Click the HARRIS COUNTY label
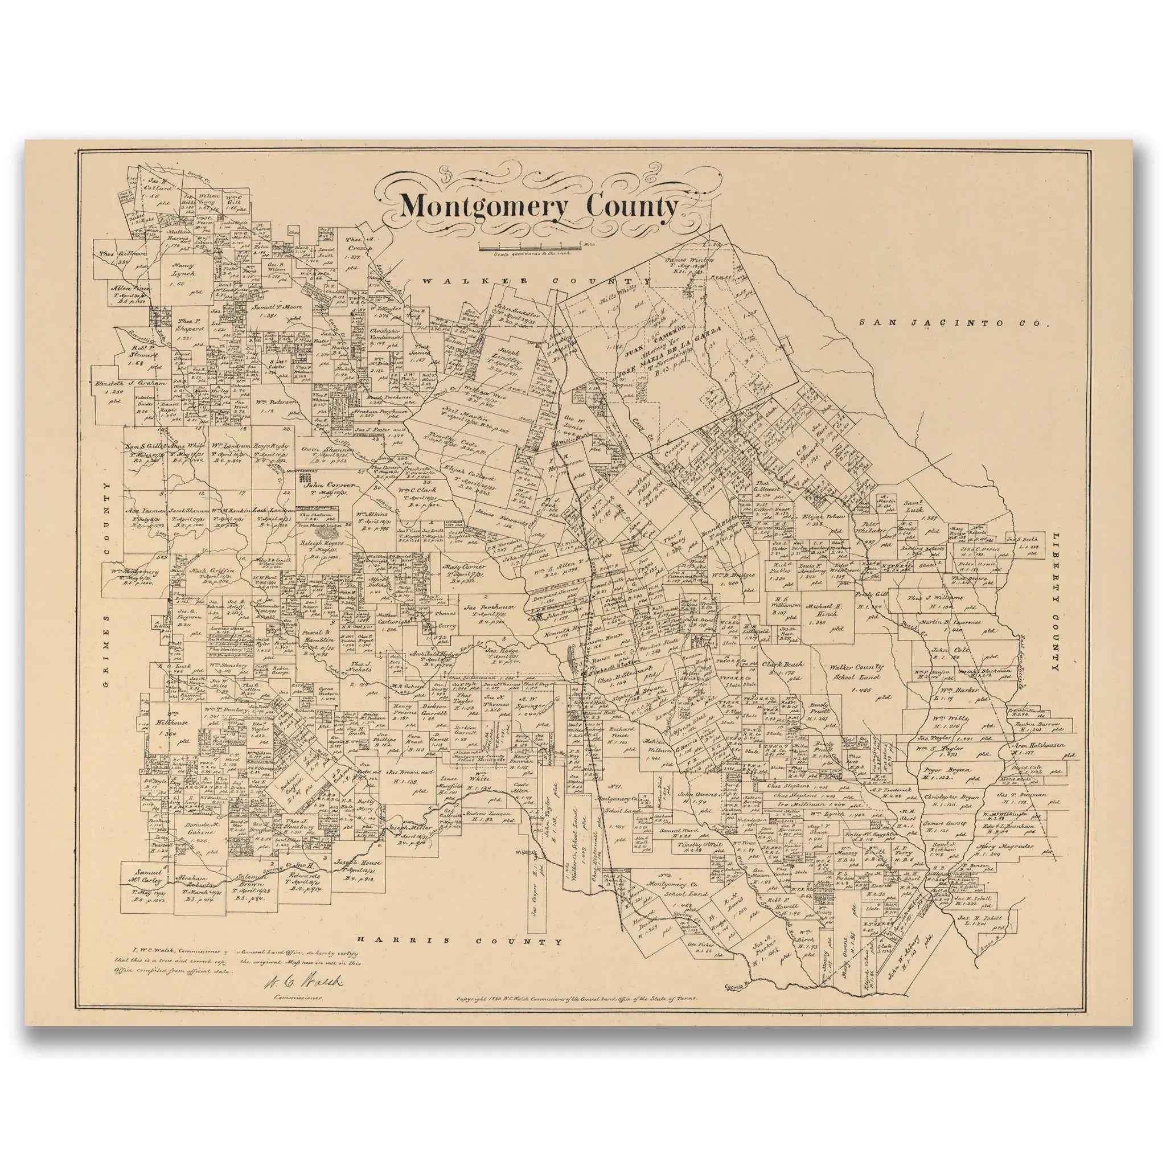(x=459, y=941)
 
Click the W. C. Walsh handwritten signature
(x=303, y=982)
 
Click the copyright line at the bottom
(x=576, y=998)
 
